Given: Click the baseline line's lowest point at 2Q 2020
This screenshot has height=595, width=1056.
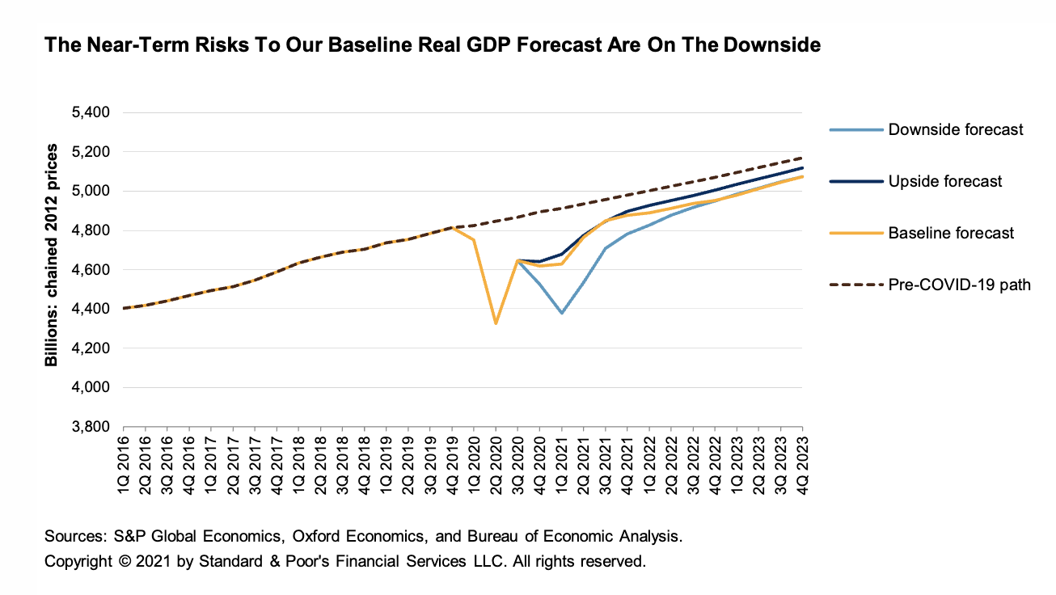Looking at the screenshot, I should coord(496,323).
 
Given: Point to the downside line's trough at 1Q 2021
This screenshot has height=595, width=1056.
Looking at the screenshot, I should coord(561,313).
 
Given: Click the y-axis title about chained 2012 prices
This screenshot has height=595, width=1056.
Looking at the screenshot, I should coord(53,255).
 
